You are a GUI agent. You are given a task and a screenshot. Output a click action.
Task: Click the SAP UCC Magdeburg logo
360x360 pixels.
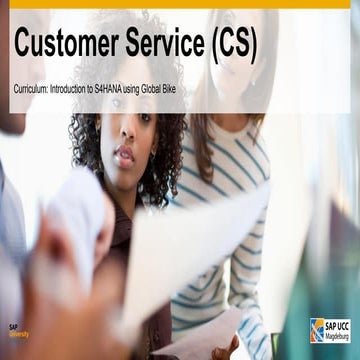click(x=329, y=330)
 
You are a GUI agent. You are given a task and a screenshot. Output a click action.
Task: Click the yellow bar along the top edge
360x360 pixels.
click(x=180, y=3)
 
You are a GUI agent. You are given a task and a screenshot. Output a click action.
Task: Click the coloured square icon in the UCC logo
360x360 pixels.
click(x=317, y=330)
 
